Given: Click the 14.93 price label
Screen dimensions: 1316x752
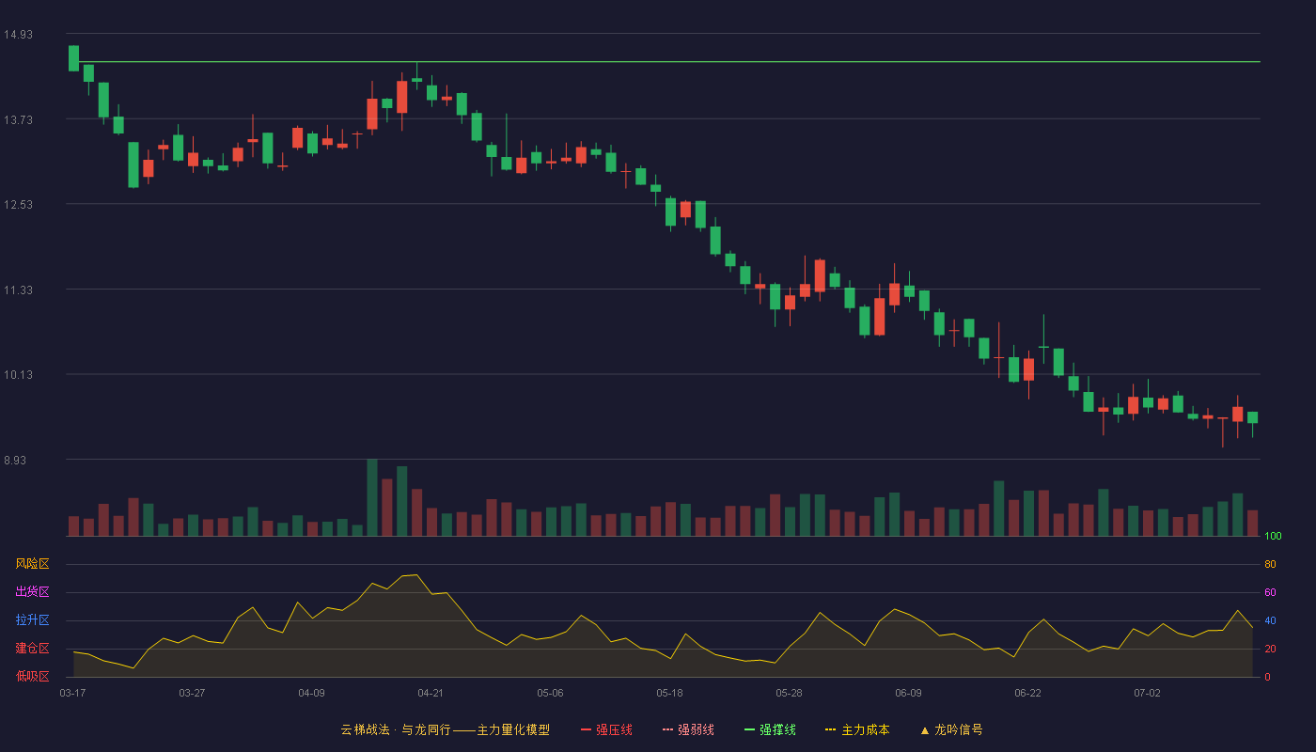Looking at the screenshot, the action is (x=18, y=35).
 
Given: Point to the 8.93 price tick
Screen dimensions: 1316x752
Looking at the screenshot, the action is (x=15, y=460).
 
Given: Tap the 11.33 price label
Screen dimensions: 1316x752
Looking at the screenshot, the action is (x=18, y=290).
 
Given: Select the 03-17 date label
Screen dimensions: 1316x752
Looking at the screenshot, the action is (x=73, y=694).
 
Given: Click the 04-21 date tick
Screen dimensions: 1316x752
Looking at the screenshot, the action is (x=431, y=694).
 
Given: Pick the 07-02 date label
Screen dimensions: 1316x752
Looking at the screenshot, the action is (x=1148, y=694).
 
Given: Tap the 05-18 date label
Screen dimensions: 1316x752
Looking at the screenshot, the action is (x=669, y=694).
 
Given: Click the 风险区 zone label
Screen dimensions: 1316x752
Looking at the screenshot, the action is (x=32, y=564).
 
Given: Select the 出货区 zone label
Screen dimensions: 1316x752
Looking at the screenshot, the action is (x=32, y=591).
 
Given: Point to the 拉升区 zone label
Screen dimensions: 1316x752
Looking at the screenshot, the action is (x=32, y=619).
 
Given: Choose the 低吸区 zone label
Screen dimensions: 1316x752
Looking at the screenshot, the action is (x=32, y=676).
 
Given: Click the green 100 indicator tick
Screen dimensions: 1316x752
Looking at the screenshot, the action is (x=1273, y=536).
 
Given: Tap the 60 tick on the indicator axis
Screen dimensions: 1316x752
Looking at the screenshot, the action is (x=1270, y=592).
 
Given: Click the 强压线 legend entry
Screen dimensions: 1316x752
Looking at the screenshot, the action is (x=606, y=729).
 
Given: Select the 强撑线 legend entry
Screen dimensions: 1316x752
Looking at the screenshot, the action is (x=770, y=729).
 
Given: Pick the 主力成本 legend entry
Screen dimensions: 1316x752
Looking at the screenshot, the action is (x=857, y=729).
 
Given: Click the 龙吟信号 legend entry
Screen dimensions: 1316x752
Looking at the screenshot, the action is (x=951, y=729).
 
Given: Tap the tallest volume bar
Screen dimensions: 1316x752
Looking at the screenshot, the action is (x=372, y=497).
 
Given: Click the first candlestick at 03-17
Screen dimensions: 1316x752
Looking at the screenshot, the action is (x=73, y=58).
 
